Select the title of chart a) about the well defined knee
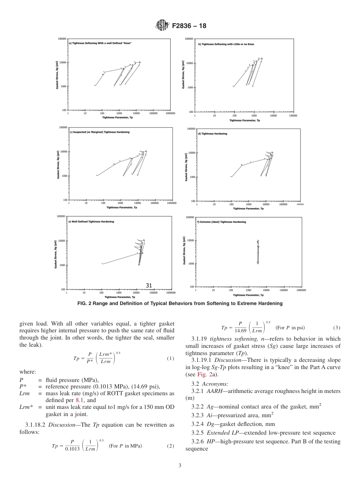(x=100, y=43)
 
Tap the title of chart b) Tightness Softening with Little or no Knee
(x=226, y=44)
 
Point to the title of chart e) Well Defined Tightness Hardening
(x=91, y=221)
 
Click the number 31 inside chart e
(x=149, y=286)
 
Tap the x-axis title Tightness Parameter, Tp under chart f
(x=249, y=295)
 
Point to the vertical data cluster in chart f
(x=258, y=252)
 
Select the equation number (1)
(x=170, y=358)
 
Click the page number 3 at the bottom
(x=180, y=466)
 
